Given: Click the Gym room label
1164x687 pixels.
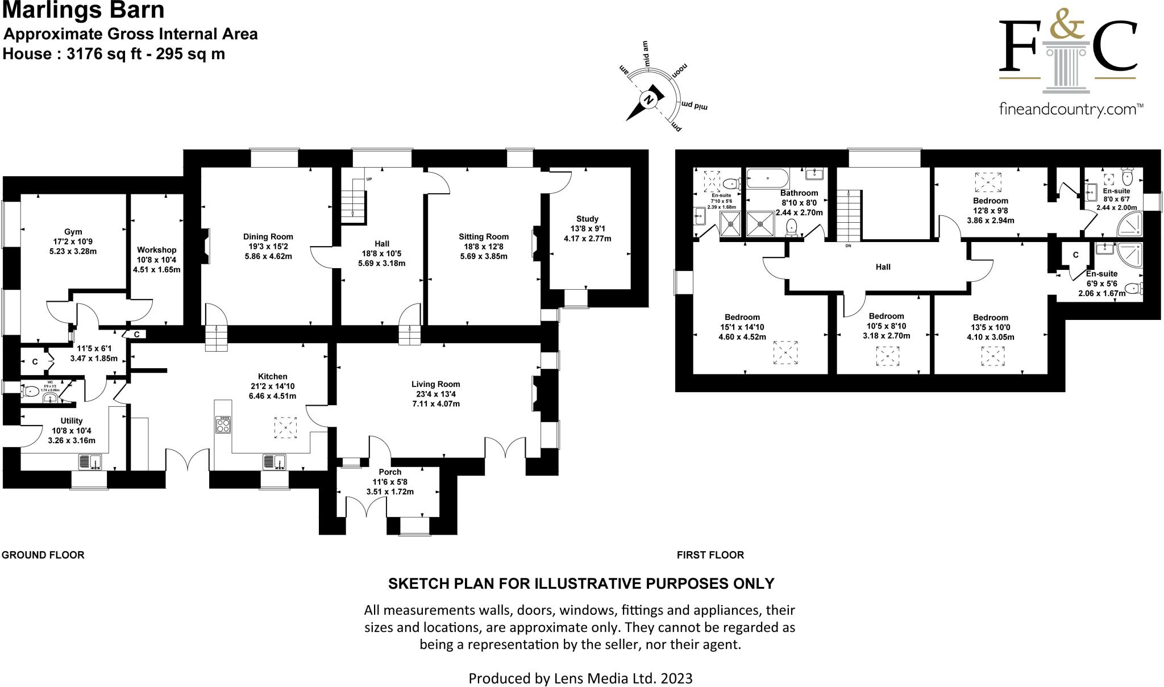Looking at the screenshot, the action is [x=73, y=232].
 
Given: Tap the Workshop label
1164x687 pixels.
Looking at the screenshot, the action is [x=157, y=250].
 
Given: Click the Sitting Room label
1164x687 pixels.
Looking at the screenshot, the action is [x=484, y=237].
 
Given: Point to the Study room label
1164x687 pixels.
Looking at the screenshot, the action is [x=587, y=219].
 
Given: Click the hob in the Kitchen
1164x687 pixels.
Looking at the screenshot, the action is [x=223, y=424].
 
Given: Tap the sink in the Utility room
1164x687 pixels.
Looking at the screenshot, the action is [x=90, y=462].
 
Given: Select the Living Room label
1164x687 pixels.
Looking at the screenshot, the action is [x=436, y=384].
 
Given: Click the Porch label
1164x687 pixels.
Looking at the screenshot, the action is [x=390, y=472].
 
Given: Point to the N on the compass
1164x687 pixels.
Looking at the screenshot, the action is [x=648, y=101].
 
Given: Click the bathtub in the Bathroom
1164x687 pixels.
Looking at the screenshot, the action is [x=767, y=178].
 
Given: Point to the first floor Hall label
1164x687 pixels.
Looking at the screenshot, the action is [x=883, y=267].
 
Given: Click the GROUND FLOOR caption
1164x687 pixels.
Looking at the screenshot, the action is [x=43, y=555].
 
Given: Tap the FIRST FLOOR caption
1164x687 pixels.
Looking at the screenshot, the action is [x=710, y=555].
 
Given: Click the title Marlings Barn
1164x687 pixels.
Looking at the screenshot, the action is [x=84, y=10].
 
